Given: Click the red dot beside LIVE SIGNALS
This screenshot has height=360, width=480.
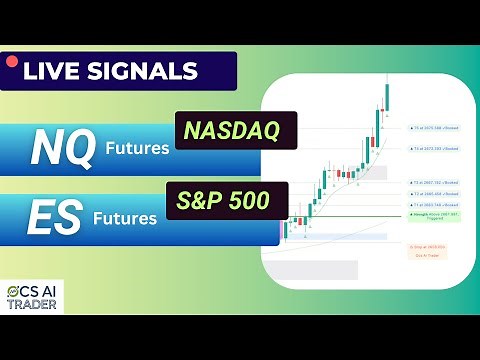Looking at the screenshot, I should coord(12,62).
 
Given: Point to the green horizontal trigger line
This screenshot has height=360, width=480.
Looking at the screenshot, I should coord(350,216).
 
